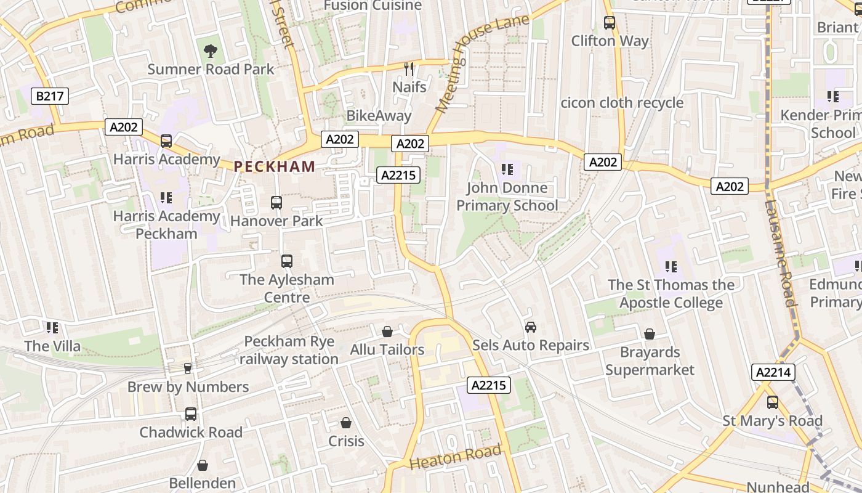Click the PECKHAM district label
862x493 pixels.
coord(275,166)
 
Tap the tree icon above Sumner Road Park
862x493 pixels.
coord(210,51)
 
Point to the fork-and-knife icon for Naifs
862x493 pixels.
coord(409,68)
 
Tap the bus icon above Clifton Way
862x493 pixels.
coord(610,23)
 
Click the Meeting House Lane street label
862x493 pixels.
coord(482,63)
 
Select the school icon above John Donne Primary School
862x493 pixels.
coord(507,169)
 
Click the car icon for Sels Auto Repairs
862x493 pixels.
coord(530,327)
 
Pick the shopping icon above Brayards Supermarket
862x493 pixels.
coord(650,334)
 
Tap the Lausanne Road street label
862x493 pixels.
coord(779,253)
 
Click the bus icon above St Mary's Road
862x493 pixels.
coord(772,402)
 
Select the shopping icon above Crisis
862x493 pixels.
coord(346,423)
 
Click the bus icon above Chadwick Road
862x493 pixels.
coord(191,414)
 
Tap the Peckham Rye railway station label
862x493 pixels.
coord(289,350)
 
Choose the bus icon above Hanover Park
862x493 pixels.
coord(276,202)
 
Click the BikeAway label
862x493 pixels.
coord(379,115)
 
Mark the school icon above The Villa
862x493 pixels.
coord(52,328)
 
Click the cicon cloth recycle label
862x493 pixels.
coord(622,102)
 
